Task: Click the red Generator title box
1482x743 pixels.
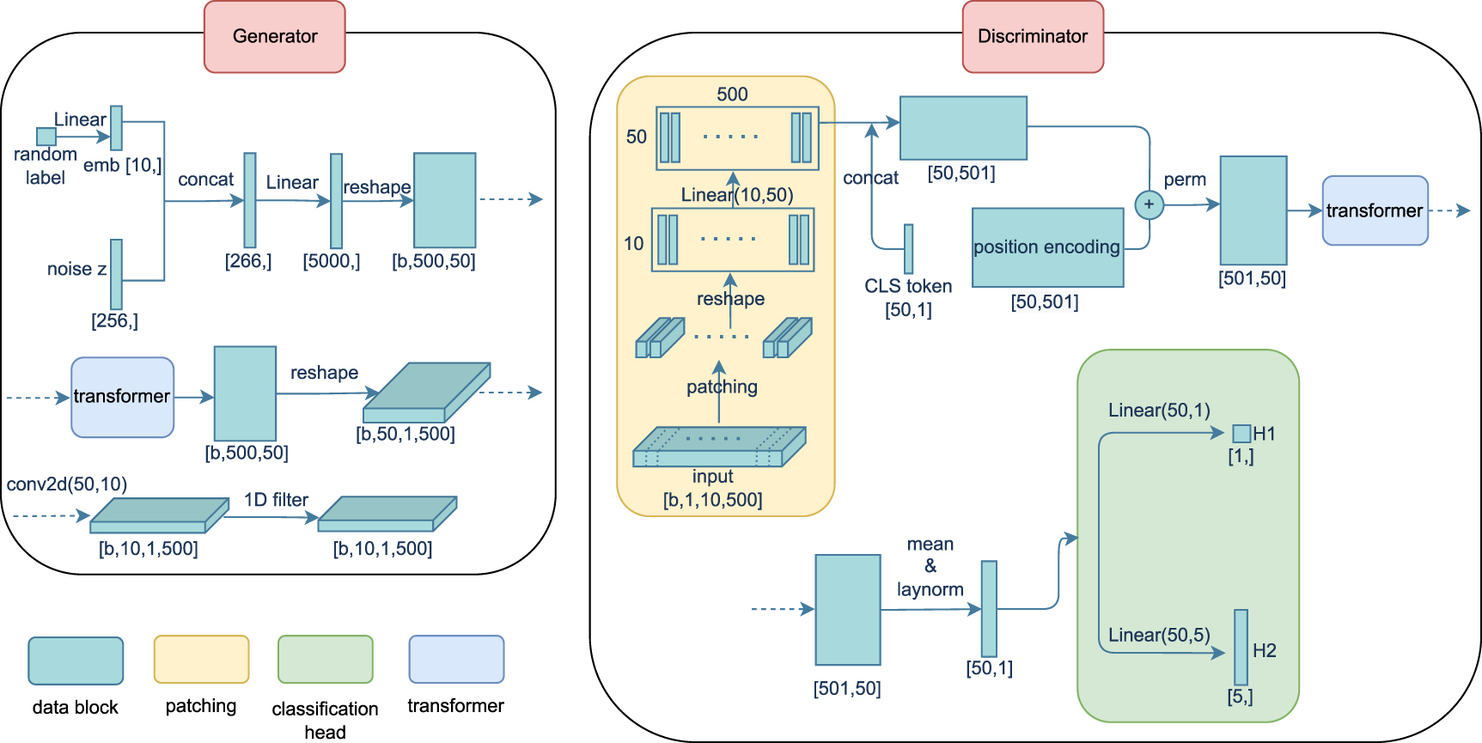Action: pyautogui.click(x=274, y=37)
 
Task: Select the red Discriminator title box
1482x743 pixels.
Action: pyautogui.click(x=1032, y=37)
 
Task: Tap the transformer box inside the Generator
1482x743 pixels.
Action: pyautogui.click(x=122, y=397)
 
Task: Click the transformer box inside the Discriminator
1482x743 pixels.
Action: pyautogui.click(x=1375, y=210)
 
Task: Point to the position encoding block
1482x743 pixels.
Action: pyautogui.click(x=1047, y=247)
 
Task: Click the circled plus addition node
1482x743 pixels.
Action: pyautogui.click(x=1149, y=204)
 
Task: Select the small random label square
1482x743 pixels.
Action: pyautogui.click(x=46, y=137)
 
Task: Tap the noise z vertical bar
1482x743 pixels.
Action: pyautogui.click(x=116, y=274)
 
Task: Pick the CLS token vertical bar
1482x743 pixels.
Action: pyautogui.click(x=908, y=249)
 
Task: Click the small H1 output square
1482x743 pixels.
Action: pyautogui.click(x=1241, y=433)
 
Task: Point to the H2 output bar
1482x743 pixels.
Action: pyautogui.click(x=1241, y=647)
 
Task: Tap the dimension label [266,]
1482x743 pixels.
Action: pyautogui.click(x=248, y=261)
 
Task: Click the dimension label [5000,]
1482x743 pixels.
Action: pyautogui.click(x=331, y=261)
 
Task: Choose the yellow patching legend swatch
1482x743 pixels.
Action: pyautogui.click(x=201, y=660)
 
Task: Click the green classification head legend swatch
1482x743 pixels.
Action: pyautogui.click(x=325, y=660)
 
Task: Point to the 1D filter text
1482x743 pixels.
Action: pyautogui.click(x=276, y=500)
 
